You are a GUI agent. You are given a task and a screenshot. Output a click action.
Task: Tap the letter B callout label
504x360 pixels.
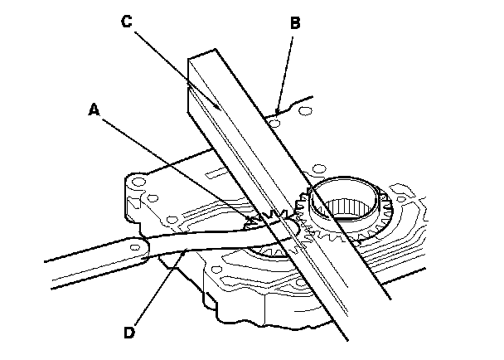click(294, 26)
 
